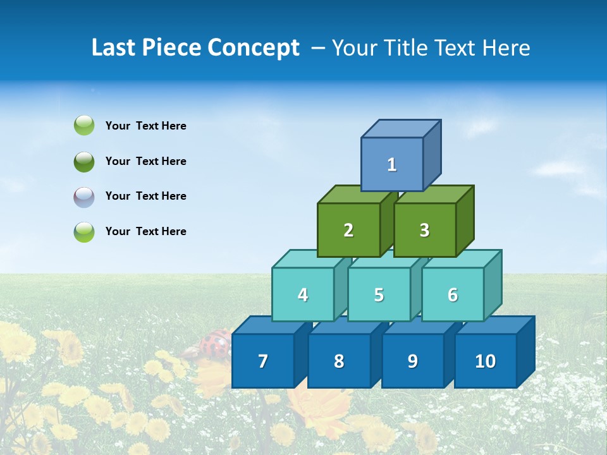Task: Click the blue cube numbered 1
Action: click(x=392, y=164)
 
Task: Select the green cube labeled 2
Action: click(x=348, y=230)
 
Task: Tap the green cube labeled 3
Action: click(x=424, y=230)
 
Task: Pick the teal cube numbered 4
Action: click(x=303, y=294)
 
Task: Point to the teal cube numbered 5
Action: click(x=379, y=294)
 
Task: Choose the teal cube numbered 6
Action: click(x=453, y=294)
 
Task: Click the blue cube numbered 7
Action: click(x=263, y=361)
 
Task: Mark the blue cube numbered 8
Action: click(x=339, y=361)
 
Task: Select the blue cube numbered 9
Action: click(x=412, y=361)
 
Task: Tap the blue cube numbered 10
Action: click(x=485, y=361)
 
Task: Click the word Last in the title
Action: click(x=114, y=47)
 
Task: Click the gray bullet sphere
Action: click(x=84, y=197)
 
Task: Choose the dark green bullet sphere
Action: click(x=84, y=162)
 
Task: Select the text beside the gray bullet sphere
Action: click(x=145, y=196)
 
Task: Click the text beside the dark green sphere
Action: click(x=145, y=161)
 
